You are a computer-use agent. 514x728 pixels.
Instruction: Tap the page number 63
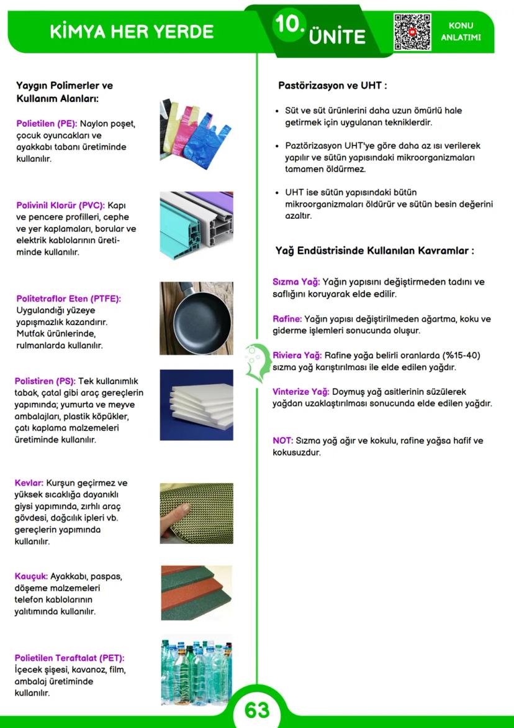click(256, 711)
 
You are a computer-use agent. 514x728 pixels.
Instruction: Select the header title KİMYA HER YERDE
click(132, 32)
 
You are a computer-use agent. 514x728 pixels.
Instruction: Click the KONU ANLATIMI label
click(461, 32)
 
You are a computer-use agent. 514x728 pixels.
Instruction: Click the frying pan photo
click(196, 318)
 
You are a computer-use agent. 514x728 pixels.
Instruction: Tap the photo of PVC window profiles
click(196, 226)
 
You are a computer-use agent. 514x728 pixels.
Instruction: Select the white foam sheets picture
click(196, 405)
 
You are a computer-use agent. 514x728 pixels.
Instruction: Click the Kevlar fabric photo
click(196, 514)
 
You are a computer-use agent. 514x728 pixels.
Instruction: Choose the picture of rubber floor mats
click(196, 592)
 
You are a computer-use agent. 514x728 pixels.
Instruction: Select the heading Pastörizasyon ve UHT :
click(333, 86)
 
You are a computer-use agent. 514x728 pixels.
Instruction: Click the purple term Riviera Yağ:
click(297, 356)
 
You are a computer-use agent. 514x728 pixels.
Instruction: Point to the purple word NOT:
click(282, 441)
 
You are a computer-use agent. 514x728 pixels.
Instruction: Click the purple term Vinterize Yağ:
click(301, 392)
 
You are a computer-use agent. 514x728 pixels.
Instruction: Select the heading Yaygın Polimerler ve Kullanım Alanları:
click(65, 92)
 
